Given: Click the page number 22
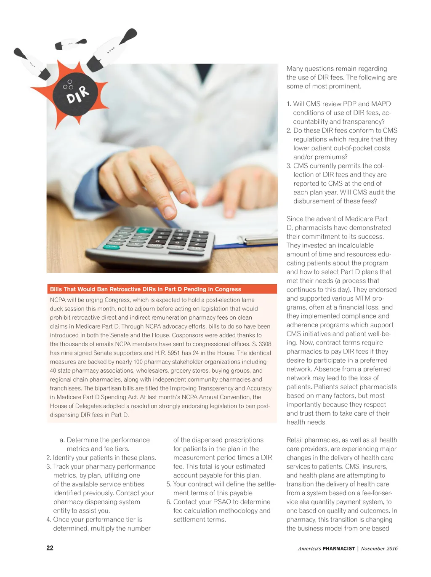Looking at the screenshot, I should point(50,548).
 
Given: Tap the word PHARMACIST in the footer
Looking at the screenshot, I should point(339,548).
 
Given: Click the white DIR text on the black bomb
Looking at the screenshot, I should point(77,95).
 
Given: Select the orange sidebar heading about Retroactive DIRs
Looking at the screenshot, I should point(146,289).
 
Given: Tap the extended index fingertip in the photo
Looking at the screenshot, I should point(170,212).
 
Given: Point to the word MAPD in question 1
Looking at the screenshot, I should point(381,104).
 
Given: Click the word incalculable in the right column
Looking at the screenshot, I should point(353,245).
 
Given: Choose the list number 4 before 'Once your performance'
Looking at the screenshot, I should point(48,519).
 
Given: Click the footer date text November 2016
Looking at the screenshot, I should point(379,548).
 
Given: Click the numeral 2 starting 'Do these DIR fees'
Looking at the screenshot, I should point(289,131).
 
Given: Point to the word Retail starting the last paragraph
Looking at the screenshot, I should point(295,440).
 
